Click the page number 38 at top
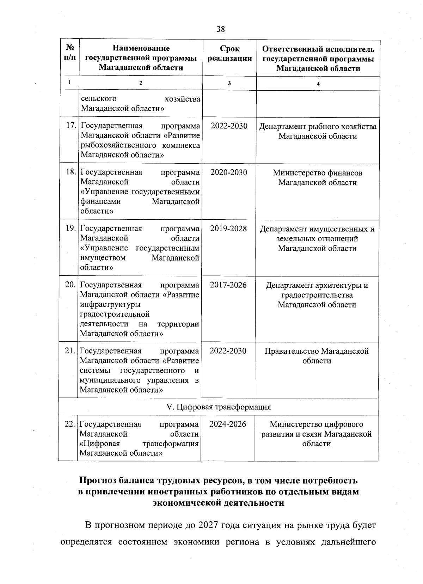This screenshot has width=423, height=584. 221,29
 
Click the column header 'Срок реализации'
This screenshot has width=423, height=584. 229,54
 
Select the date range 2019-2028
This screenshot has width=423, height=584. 228,229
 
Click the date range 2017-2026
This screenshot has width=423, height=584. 228,285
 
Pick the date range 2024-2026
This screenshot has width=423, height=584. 228,424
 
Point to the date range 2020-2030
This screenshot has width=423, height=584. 229,172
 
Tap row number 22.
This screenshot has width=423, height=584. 70,424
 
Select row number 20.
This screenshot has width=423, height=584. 70,285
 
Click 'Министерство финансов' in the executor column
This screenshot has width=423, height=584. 317,173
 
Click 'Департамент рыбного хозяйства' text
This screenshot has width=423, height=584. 318,127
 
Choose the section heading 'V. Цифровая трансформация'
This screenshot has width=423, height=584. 219,407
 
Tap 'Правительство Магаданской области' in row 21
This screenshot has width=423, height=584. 317,356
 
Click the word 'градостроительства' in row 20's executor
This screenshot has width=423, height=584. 317,295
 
